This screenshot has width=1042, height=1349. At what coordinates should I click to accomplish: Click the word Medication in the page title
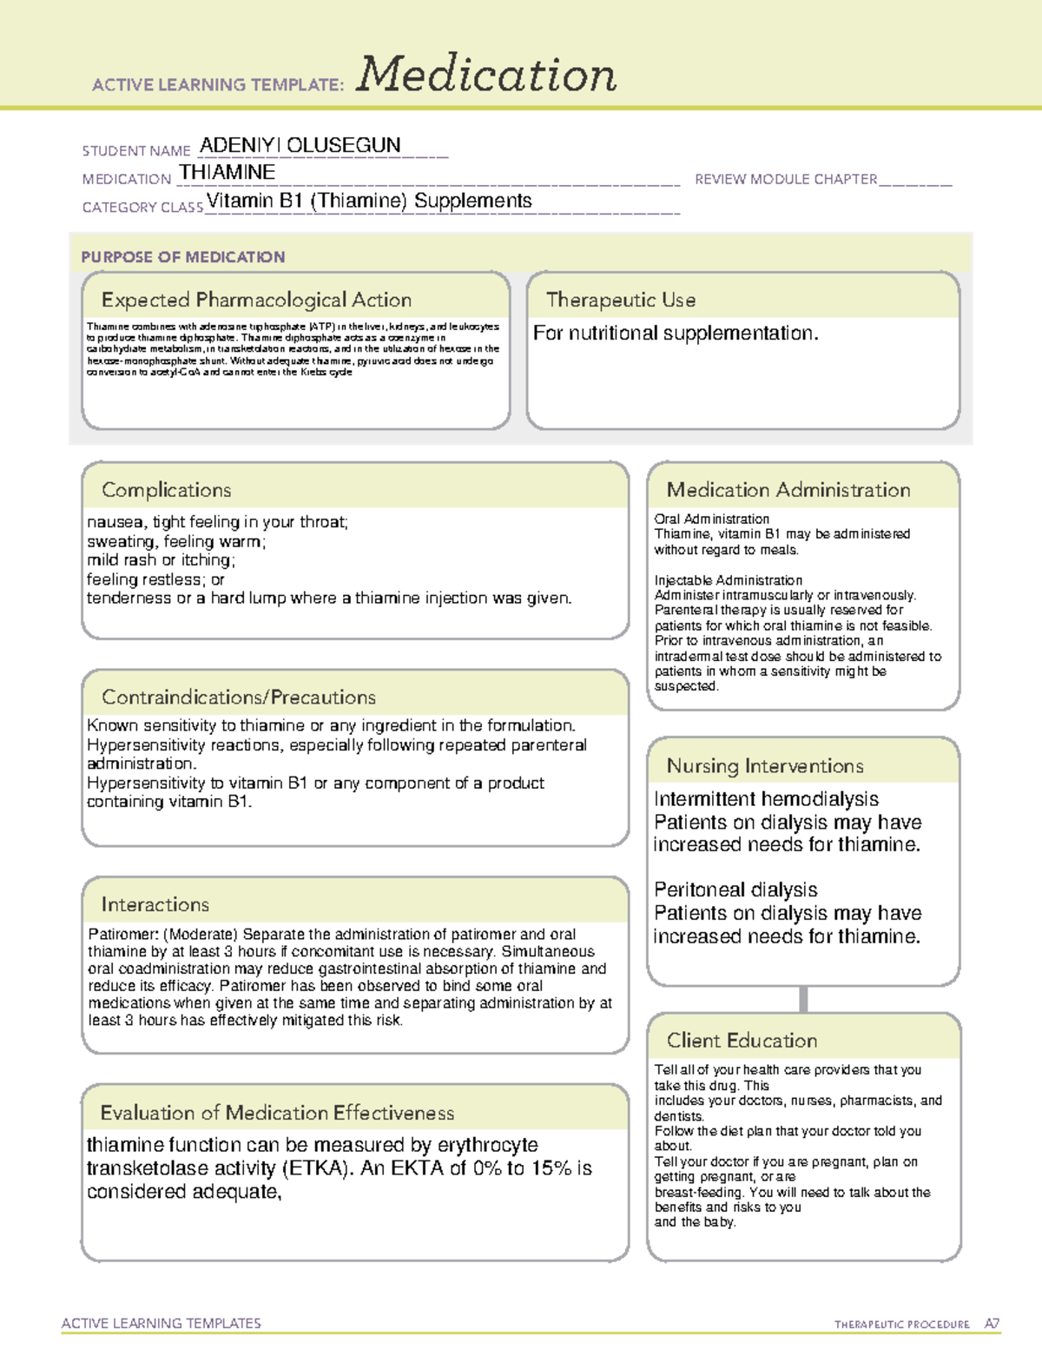(x=486, y=75)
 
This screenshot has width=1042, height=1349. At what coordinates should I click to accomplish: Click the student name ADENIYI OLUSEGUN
(x=300, y=145)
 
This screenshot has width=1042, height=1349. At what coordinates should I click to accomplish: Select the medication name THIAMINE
(x=228, y=172)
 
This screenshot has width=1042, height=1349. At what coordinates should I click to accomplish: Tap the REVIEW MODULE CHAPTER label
(x=786, y=179)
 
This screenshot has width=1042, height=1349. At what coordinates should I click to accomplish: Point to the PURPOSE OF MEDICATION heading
(x=183, y=257)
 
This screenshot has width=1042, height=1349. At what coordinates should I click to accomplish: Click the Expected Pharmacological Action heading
(x=256, y=300)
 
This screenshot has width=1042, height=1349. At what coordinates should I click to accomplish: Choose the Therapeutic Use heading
(x=621, y=300)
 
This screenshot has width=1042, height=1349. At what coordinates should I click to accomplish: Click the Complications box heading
(x=167, y=490)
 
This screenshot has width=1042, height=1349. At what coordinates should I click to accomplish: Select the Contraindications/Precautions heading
(x=239, y=697)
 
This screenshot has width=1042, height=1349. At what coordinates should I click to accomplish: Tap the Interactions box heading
(x=155, y=904)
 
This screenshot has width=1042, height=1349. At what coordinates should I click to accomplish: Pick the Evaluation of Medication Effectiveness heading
(x=277, y=1113)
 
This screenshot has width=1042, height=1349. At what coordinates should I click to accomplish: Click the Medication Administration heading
(x=788, y=490)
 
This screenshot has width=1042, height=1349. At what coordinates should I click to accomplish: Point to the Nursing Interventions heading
(x=765, y=765)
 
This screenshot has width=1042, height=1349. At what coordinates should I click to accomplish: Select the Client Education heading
(x=742, y=1040)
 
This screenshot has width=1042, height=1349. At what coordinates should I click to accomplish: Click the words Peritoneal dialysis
(x=735, y=889)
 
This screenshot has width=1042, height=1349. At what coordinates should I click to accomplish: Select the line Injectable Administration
(x=729, y=580)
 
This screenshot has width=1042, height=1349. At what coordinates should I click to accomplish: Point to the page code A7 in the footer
(x=992, y=1324)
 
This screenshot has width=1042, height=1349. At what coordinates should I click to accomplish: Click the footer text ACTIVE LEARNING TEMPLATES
(x=162, y=1323)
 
